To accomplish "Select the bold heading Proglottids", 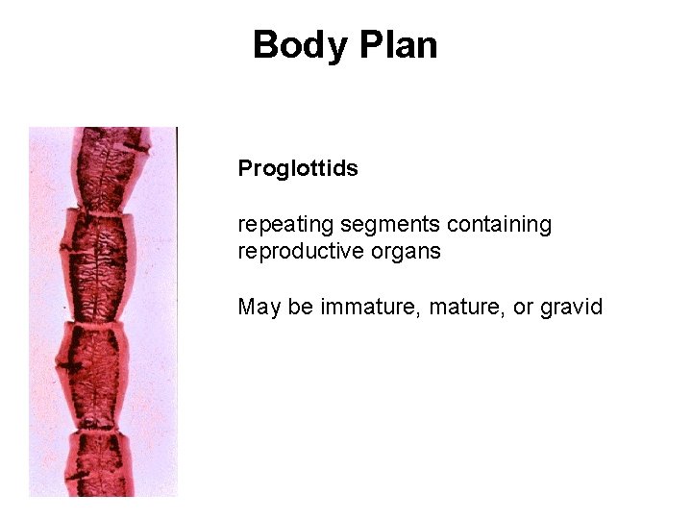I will click(298, 169).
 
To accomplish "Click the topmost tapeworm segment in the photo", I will click(108, 168).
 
